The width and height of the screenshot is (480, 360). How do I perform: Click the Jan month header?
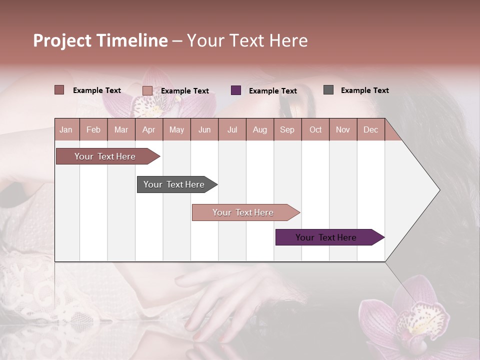coord(66,129)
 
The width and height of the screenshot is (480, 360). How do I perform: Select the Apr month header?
coord(148,129)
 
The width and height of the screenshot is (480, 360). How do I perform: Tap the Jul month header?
coord(232,129)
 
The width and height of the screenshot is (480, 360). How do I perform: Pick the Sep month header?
coord(287,129)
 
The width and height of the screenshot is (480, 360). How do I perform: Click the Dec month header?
coord(370,129)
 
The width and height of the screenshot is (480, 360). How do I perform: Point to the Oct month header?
coord(315,129)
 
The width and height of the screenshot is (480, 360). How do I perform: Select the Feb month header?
coord(93,129)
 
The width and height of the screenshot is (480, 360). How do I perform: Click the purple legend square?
coord(236,90)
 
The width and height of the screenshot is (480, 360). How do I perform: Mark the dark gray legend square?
coord(328,90)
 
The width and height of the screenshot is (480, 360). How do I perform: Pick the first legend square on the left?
coord(59,90)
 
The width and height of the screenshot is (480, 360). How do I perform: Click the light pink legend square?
coord(147,90)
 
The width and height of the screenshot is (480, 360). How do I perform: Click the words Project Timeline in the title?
coord(100,40)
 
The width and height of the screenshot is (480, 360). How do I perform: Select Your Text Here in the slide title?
coord(247,40)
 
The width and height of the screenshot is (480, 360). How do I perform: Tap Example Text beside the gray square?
coord(364,90)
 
